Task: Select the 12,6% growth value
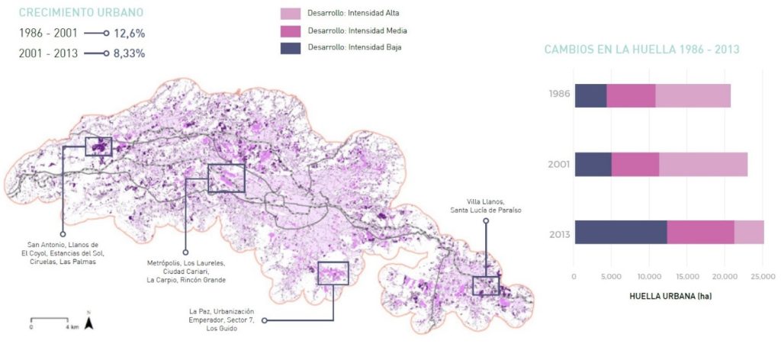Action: (x=130, y=34)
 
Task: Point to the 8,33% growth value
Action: (x=130, y=53)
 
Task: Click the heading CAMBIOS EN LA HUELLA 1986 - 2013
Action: (x=641, y=50)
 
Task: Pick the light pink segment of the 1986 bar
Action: (x=693, y=95)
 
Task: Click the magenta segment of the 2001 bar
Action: (x=635, y=164)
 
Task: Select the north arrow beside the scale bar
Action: (x=88, y=323)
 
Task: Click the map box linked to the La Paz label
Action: (x=333, y=273)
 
